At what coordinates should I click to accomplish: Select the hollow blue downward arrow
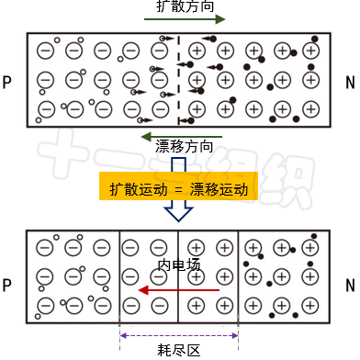pyautogui.click(x=178, y=212)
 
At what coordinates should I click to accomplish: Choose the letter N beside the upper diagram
pyautogui.click(x=350, y=84)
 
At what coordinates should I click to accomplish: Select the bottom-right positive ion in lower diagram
pyautogui.click(x=310, y=305)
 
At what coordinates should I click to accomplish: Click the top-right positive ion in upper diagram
pyautogui.click(x=310, y=51)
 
